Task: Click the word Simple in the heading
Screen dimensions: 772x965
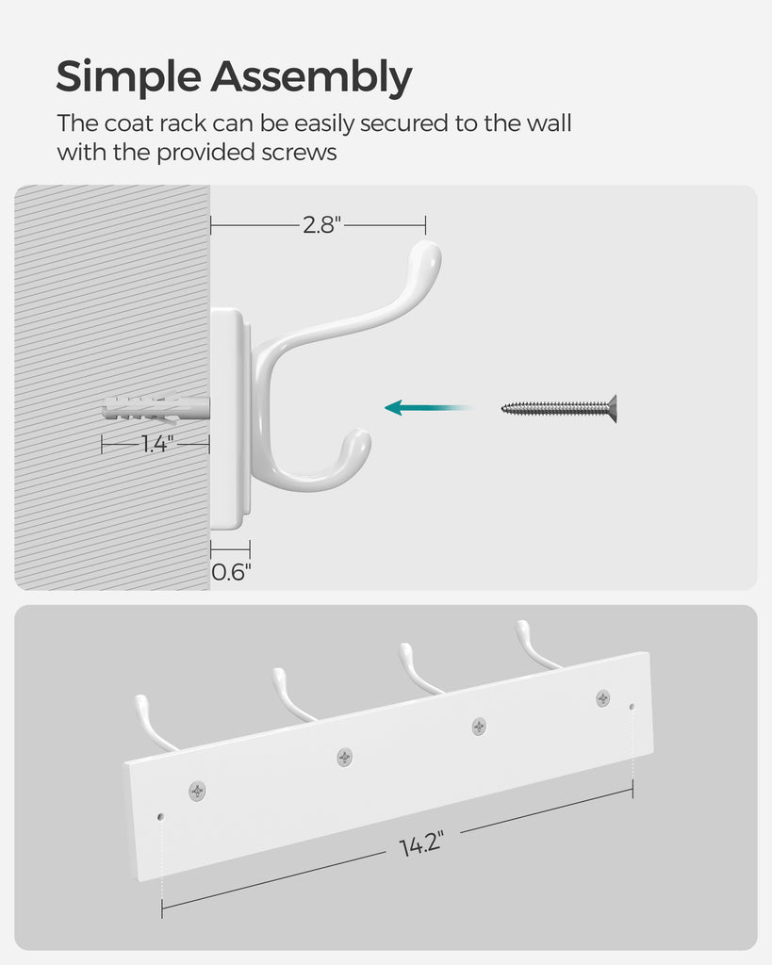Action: [128, 77]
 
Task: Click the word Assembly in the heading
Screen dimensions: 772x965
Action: [311, 77]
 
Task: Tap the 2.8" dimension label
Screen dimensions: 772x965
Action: [321, 225]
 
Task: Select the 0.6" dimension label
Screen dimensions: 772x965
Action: [231, 572]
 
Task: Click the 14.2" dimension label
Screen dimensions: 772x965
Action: [421, 843]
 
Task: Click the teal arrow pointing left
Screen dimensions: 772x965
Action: [429, 407]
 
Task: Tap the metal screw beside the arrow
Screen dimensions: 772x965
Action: [559, 408]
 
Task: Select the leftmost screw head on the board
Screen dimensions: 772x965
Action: [197, 791]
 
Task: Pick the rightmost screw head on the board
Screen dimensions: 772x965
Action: [602, 698]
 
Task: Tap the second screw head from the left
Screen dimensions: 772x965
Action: [345, 757]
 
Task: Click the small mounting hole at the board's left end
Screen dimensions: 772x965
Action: [160, 817]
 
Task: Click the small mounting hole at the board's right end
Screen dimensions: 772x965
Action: [632, 707]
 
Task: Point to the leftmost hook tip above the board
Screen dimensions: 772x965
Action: [141, 702]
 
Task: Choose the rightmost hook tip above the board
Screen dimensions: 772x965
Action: [522, 627]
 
